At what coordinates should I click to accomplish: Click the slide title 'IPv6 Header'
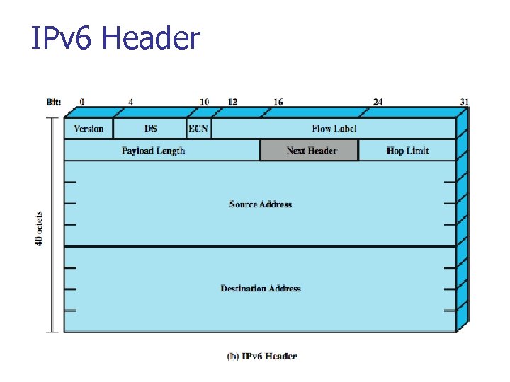[x=115, y=38]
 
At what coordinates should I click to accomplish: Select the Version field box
[x=89, y=129]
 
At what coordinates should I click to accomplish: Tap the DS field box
[x=150, y=129]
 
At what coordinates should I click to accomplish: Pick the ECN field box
[x=198, y=129]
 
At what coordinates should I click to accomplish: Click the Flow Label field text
[x=334, y=129]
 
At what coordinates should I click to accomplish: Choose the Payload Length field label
[x=153, y=151]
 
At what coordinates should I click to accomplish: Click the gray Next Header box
[x=310, y=151]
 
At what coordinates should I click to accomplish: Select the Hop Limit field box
[x=407, y=151]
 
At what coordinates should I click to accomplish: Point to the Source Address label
[x=260, y=204]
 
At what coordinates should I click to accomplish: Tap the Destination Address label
[x=260, y=289]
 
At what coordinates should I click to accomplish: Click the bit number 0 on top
[x=82, y=102]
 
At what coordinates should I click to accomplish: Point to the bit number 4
[x=131, y=102]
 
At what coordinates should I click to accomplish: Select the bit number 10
[x=204, y=102]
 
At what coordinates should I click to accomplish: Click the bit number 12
[x=232, y=102]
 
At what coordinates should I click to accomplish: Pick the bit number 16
[x=278, y=102]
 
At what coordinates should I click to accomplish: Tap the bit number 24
[x=378, y=102]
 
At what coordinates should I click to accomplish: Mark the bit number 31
[x=464, y=102]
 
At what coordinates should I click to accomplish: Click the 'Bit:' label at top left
[x=54, y=102]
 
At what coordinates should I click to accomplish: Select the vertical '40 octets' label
[x=40, y=228]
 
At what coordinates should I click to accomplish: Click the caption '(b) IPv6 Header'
[x=261, y=357]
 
